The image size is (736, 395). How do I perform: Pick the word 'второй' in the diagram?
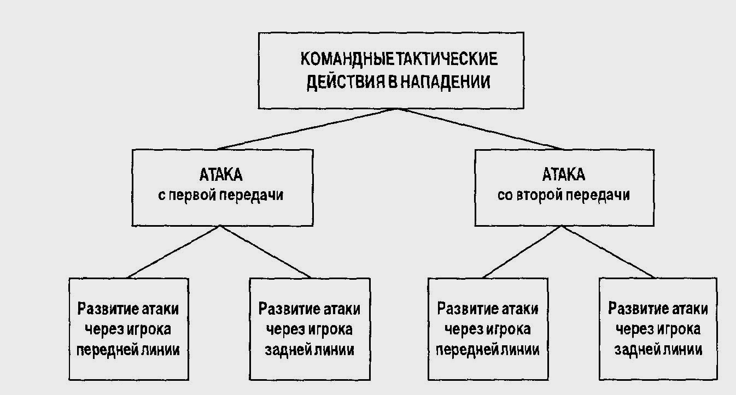(539, 195)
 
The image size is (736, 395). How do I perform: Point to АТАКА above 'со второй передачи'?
(564, 175)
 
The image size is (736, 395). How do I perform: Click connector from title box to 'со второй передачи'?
(481, 128)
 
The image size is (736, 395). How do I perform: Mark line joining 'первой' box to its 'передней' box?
(173, 252)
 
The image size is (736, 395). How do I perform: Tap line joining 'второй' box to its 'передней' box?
(522, 252)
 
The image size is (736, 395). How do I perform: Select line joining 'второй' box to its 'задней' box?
(608, 252)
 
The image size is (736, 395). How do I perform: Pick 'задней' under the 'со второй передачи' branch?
(635, 350)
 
